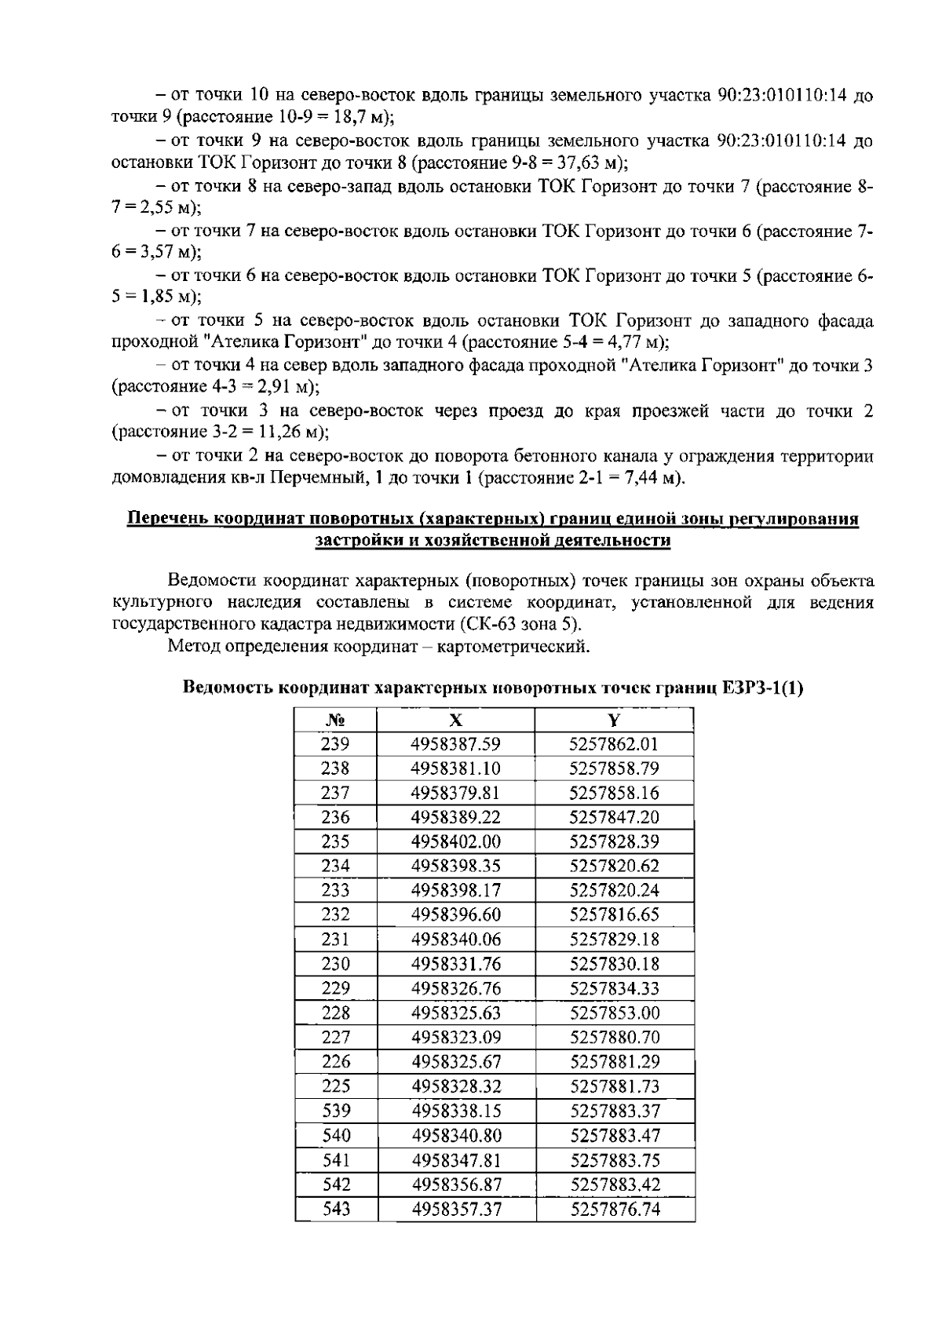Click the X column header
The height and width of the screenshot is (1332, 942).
[x=456, y=721]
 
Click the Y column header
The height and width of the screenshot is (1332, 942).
[x=614, y=721]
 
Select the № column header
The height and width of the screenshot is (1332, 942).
[x=335, y=721]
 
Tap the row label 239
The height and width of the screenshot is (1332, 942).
[x=335, y=744]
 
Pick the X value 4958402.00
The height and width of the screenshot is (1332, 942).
[x=456, y=841]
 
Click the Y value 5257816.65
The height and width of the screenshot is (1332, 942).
[x=614, y=914]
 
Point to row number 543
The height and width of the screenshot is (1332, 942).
[x=336, y=1209]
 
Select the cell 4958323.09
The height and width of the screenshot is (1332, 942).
[x=456, y=1037]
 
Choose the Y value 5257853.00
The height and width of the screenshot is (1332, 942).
[x=614, y=1013]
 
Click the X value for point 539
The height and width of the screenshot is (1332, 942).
[x=456, y=1111]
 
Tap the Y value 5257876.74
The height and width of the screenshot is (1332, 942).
[x=615, y=1209]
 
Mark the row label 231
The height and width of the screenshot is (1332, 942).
[x=335, y=939]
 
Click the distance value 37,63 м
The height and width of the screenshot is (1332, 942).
[x=589, y=163]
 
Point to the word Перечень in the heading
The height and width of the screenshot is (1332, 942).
[x=166, y=519]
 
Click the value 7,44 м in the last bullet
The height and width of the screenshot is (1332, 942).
[x=648, y=478]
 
